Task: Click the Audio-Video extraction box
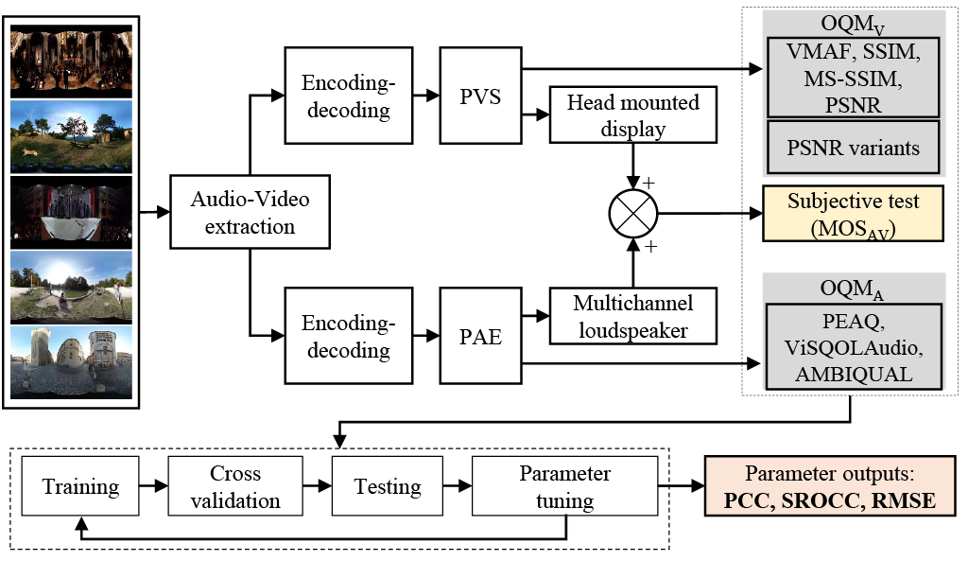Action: pyautogui.click(x=250, y=214)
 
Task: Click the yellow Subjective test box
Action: pyautogui.click(x=854, y=214)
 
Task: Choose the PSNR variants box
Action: pyautogui.click(x=854, y=148)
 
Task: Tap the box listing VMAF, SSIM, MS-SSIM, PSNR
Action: pyautogui.click(x=854, y=79)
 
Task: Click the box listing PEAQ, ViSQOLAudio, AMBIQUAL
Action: pyautogui.click(x=854, y=347)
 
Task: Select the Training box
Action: pyautogui.click(x=80, y=487)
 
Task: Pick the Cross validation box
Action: pyautogui.click(x=235, y=487)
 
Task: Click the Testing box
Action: pyautogui.click(x=388, y=487)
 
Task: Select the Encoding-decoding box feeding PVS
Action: pyautogui.click(x=347, y=96)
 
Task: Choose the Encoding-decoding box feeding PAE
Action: pyautogui.click(x=347, y=338)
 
